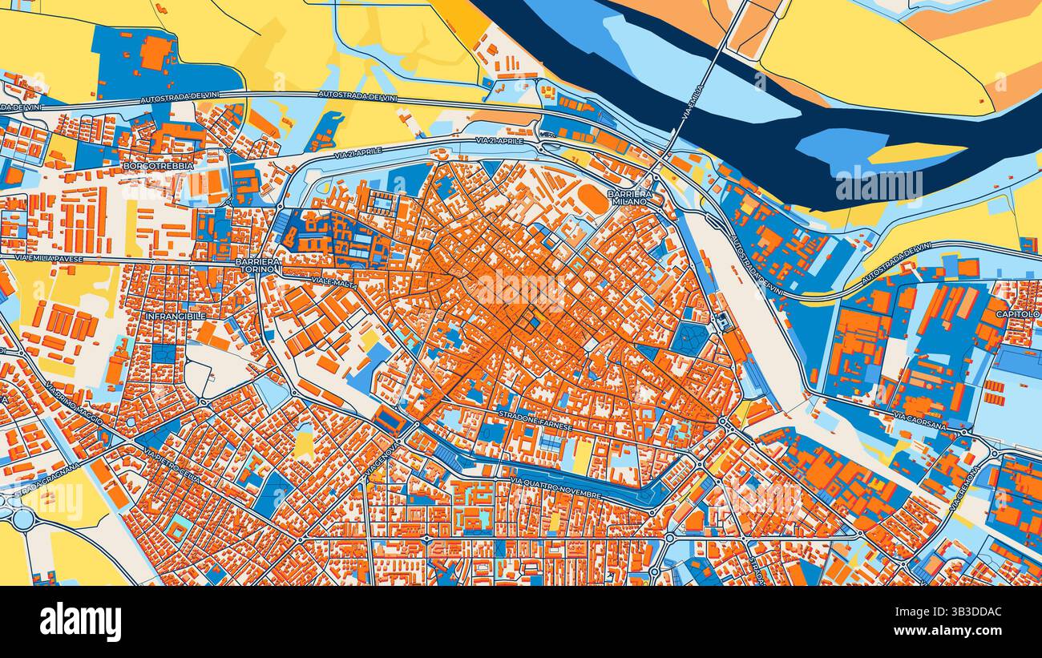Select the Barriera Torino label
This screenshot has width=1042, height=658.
pos(258,265)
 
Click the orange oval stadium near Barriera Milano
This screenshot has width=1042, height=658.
pos(593,199)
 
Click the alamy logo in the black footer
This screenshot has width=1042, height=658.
pos(80,622)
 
